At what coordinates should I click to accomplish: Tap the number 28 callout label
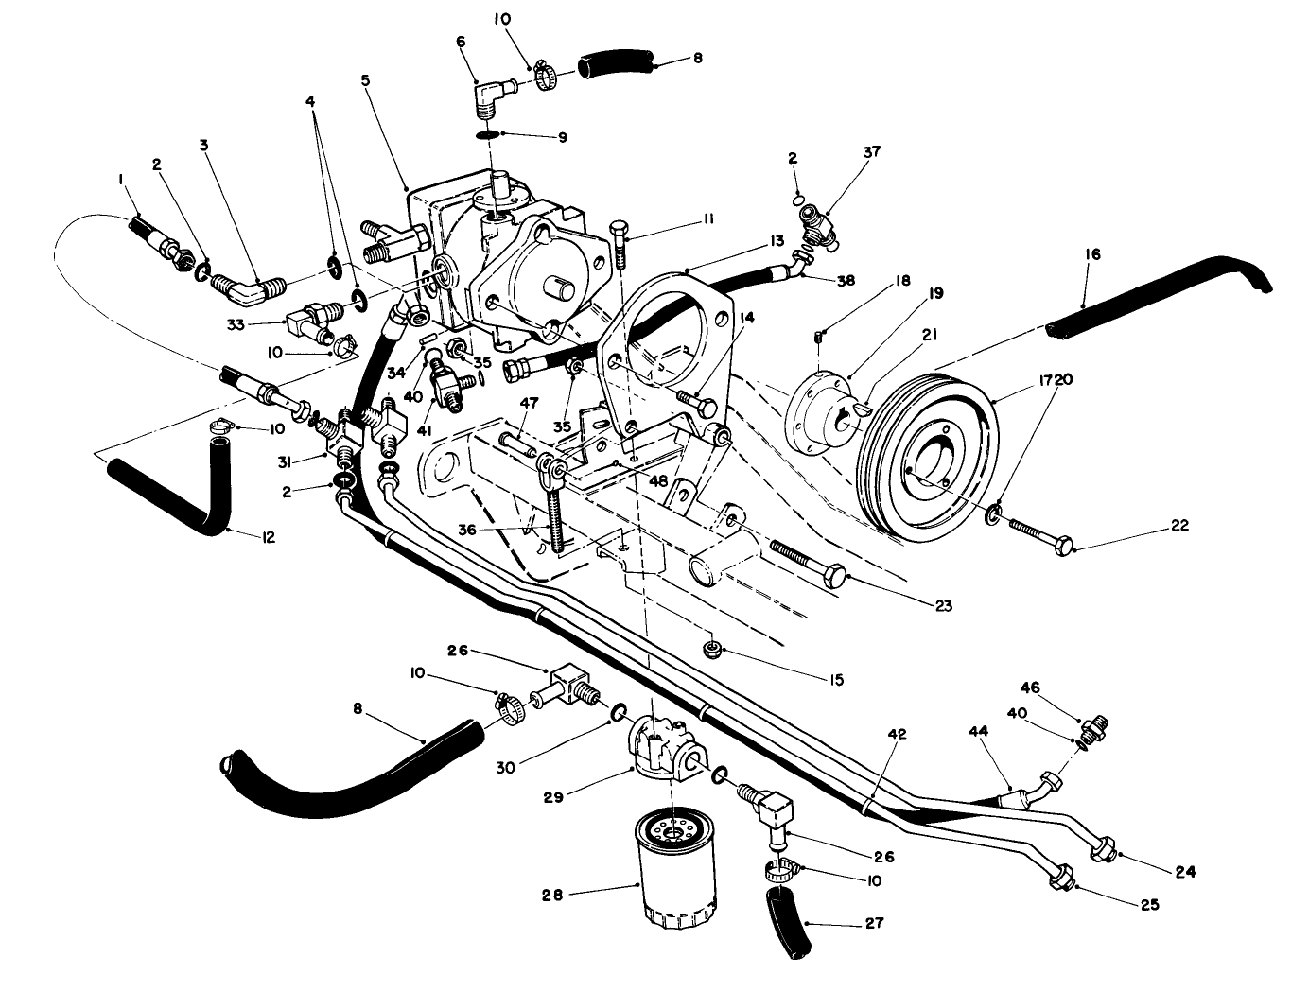[x=552, y=895]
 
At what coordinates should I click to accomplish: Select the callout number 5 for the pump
[x=366, y=80]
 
